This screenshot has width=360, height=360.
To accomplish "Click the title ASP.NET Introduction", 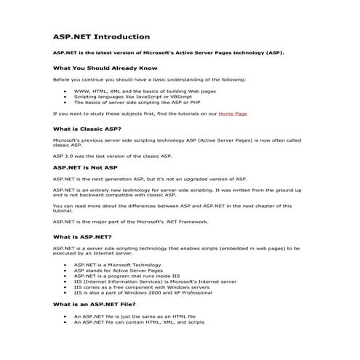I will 101,36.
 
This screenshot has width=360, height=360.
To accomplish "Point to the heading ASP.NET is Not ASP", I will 80,167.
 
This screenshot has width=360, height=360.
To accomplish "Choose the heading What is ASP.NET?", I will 81,237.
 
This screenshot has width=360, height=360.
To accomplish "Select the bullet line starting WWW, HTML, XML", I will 135,92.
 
